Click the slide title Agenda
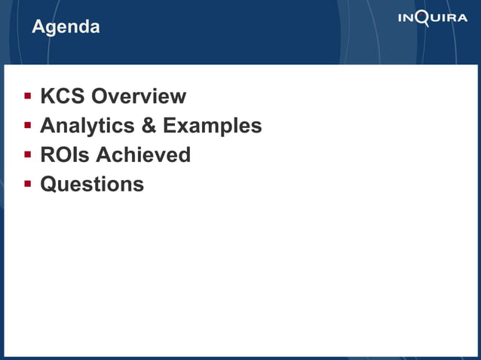(x=66, y=27)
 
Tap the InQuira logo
(x=432, y=18)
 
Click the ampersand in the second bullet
(x=148, y=126)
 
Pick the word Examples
(x=212, y=126)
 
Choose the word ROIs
(x=65, y=155)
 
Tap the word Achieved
(x=143, y=155)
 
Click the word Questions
(x=92, y=184)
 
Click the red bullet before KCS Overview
(x=27, y=96)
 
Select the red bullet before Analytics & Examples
(x=27, y=125)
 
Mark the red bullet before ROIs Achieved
(x=27, y=154)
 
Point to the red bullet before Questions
(x=27, y=183)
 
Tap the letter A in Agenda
(x=38, y=27)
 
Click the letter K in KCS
(x=47, y=96)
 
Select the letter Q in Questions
(x=48, y=184)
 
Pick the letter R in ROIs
(x=47, y=155)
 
